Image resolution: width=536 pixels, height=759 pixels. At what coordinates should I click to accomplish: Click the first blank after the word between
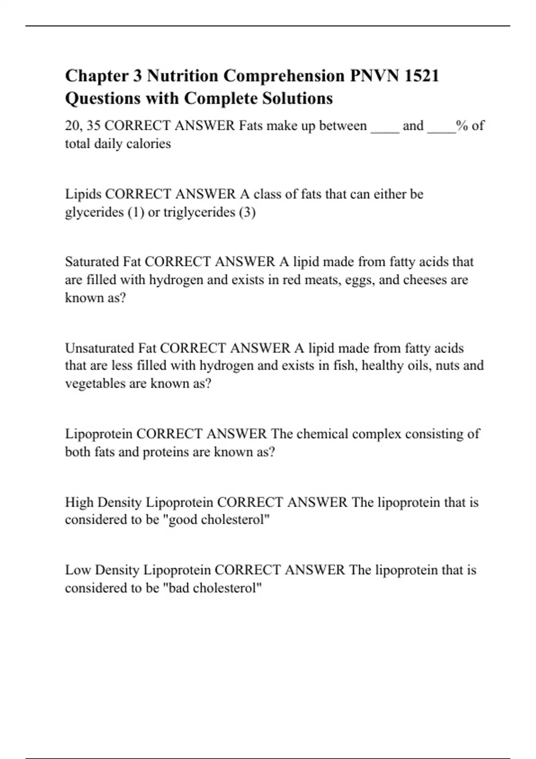pyautogui.click(x=385, y=127)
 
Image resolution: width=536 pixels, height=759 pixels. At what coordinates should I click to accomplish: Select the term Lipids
pyautogui.click(x=83, y=194)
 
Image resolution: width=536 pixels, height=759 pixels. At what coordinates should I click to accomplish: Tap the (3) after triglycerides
pyautogui.click(x=247, y=212)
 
